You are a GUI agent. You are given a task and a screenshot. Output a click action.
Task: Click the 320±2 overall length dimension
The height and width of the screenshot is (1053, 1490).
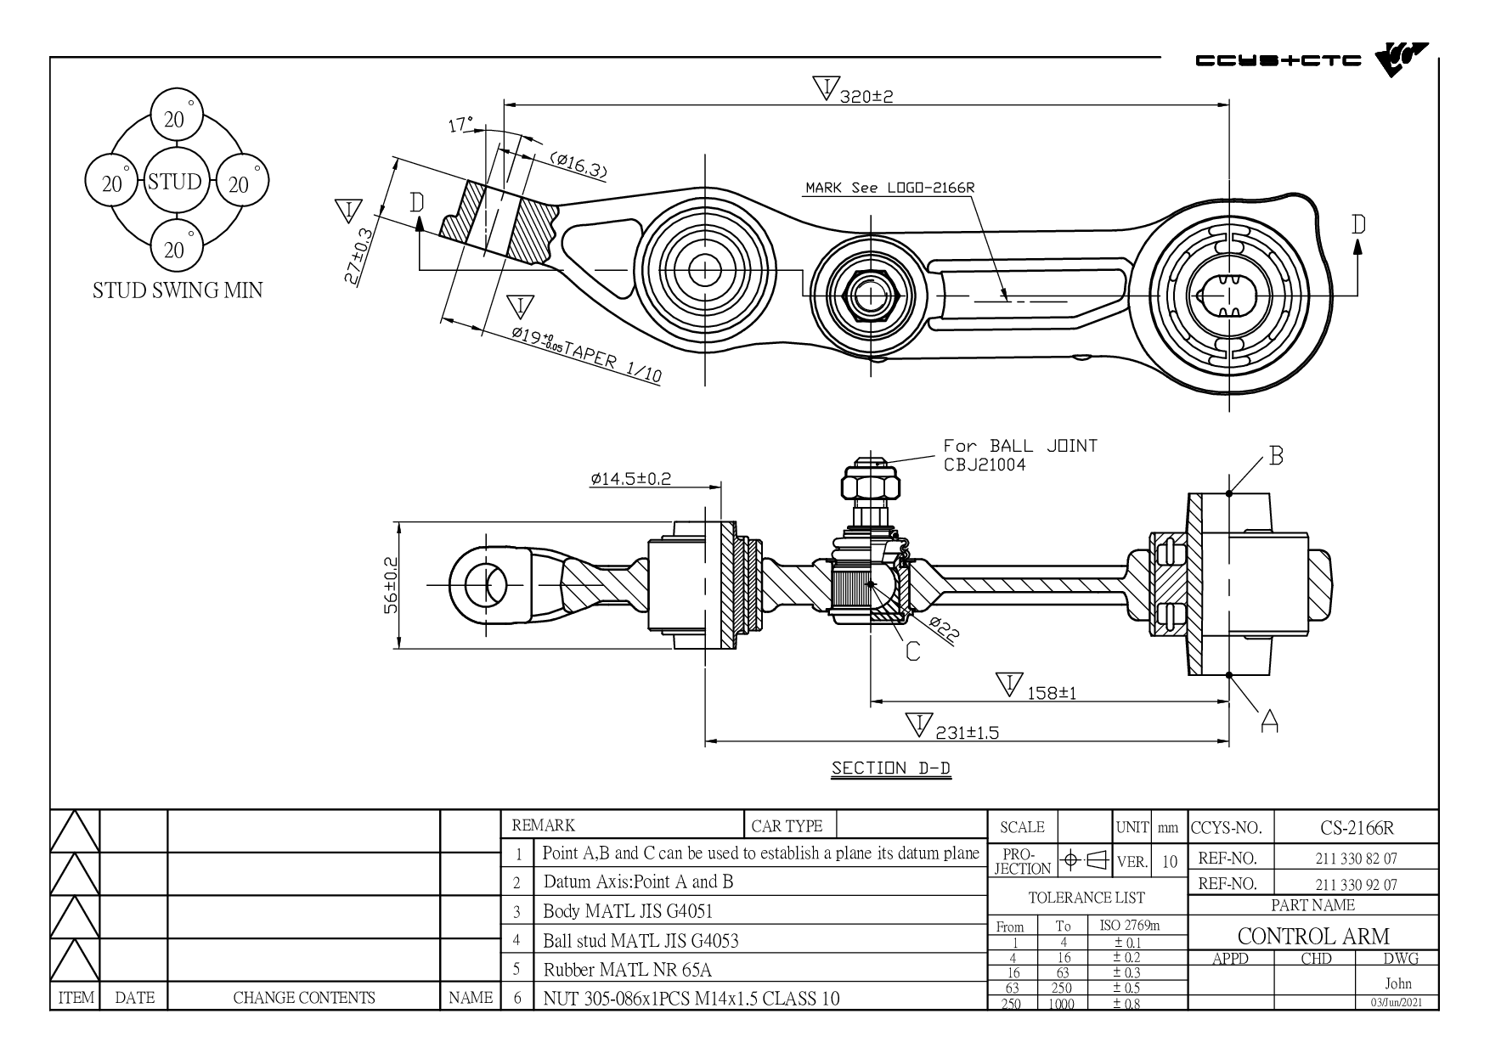point(866,96)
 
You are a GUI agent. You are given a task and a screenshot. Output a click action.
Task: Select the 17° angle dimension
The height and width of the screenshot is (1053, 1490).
point(460,126)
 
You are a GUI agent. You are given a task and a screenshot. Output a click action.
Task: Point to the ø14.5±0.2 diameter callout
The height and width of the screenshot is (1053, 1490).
point(631,478)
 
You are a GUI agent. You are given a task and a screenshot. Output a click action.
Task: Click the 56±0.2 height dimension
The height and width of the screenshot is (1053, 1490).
point(391,585)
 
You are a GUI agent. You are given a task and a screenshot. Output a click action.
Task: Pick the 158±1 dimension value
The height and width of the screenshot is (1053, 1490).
point(1052,692)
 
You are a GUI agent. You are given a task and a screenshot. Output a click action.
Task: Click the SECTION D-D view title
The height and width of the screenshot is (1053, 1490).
point(890,769)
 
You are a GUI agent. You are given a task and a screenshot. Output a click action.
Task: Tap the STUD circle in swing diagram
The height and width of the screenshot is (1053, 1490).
point(174,182)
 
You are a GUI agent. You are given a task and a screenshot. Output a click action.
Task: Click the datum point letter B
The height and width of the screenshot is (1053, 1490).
point(1276,456)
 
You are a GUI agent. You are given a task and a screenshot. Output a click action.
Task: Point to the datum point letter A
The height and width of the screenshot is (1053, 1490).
point(1269,721)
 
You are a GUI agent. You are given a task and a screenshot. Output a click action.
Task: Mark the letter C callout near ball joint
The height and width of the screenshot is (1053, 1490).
point(912,650)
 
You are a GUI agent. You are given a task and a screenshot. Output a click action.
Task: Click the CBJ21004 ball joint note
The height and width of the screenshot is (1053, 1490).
point(985,465)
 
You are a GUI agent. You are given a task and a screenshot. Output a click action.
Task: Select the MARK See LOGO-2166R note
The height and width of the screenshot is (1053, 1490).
point(889,188)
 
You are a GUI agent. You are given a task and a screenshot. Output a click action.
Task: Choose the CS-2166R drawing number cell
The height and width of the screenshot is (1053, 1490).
point(1357,828)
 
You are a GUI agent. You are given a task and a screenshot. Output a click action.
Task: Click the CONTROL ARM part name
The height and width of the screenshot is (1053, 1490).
point(1313,936)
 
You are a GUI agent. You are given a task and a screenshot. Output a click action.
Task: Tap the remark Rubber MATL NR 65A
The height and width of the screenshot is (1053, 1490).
point(628,970)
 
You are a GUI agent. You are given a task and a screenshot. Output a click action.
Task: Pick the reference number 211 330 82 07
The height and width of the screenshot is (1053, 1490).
point(1357,859)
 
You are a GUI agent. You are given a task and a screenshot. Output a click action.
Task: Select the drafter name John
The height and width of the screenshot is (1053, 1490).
point(1397,983)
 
